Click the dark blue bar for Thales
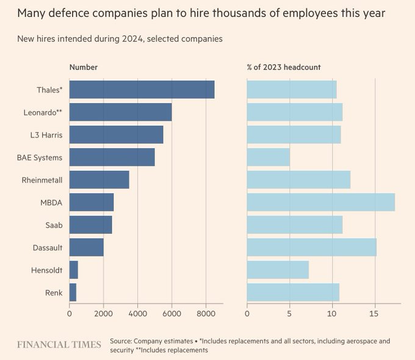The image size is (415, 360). coord(142,90)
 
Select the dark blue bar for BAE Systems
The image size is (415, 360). coord(112,157)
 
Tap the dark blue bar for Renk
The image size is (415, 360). coord(73,292)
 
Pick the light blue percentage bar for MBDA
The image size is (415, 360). coord(320,202)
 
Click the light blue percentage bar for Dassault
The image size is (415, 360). coord(311,247)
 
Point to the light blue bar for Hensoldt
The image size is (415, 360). coord(278,270)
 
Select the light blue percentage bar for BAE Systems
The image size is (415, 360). coord(268,157)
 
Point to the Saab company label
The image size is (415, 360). coord(53,225)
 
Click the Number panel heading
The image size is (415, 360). coord(83,67)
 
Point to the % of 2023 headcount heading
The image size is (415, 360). coord(283,67)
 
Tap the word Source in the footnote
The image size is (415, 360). coord(121,341)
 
